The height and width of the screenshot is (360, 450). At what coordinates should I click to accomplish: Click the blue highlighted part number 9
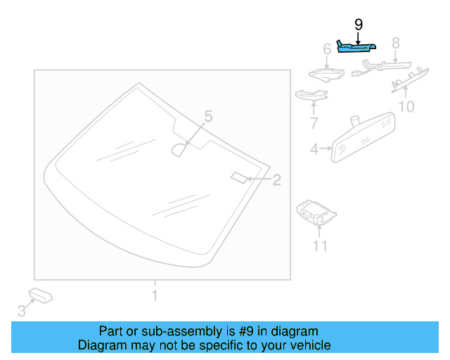(355, 47)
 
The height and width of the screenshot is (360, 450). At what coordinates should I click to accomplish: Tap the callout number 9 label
(359, 25)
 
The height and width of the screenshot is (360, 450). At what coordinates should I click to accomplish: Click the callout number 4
(314, 148)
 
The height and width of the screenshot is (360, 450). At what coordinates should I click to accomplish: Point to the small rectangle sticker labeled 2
(238, 176)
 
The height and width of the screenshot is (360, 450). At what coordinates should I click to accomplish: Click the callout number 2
(276, 180)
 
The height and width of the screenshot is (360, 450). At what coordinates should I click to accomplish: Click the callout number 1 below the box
(155, 295)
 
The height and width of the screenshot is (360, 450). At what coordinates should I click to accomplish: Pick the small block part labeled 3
(41, 295)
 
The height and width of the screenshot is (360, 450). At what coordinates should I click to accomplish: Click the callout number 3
(21, 310)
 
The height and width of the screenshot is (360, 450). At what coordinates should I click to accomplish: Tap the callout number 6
(327, 50)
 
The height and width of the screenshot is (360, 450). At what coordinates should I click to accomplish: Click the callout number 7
(314, 124)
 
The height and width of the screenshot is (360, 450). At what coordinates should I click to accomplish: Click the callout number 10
(406, 107)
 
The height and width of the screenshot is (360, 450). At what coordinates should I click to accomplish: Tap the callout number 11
(320, 245)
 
